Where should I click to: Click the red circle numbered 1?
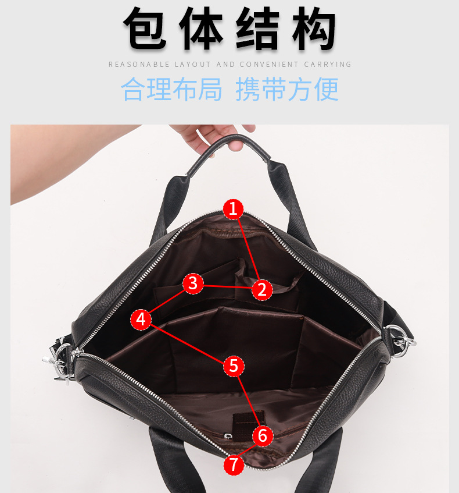click(x=233, y=208)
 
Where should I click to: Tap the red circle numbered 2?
click(x=262, y=289)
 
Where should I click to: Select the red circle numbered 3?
click(x=193, y=283)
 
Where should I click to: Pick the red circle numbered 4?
click(x=141, y=319)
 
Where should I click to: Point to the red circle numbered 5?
click(x=234, y=366)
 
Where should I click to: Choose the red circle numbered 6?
click(x=263, y=435)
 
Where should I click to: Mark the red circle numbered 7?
click(x=234, y=464)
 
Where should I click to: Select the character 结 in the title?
click(x=258, y=29)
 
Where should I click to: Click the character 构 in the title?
click(x=313, y=29)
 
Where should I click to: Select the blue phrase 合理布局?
click(x=172, y=89)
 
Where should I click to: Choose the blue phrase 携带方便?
click(x=287, y=89)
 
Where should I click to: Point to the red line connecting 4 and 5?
click(x=187, y=343)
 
